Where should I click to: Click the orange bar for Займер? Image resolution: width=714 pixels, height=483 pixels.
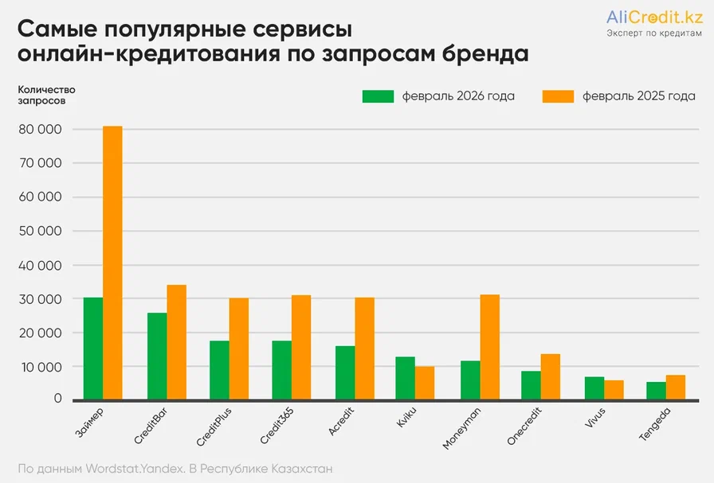click(x=112, y=263)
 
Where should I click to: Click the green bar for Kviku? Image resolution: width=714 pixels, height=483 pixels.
click(x=406, y=378)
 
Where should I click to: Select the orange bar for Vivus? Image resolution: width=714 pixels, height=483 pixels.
click(x=614, y=390)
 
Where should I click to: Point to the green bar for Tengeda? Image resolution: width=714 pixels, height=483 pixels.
click(x=656, y=391)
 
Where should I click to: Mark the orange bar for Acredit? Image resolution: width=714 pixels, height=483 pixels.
click(x=364, y=349)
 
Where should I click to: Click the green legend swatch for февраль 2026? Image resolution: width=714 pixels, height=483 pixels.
click(x=378, y=96)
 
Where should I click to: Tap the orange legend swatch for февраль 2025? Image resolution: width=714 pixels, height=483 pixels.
click(x=558, y=96)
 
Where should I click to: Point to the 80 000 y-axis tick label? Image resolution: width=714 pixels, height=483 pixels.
click(x=45, y=130)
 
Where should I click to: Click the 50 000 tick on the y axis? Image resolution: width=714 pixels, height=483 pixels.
click(x=45, y=232)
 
